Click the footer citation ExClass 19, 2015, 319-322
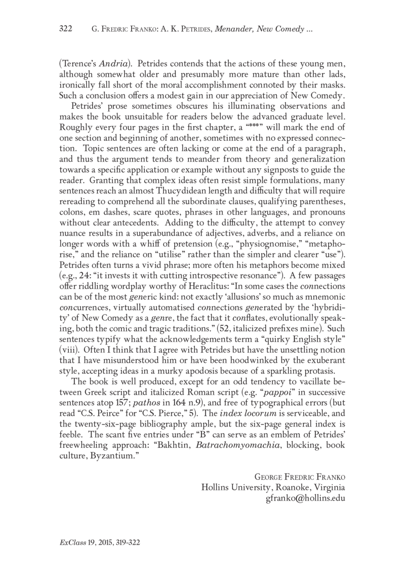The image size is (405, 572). [x=100, y=542]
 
